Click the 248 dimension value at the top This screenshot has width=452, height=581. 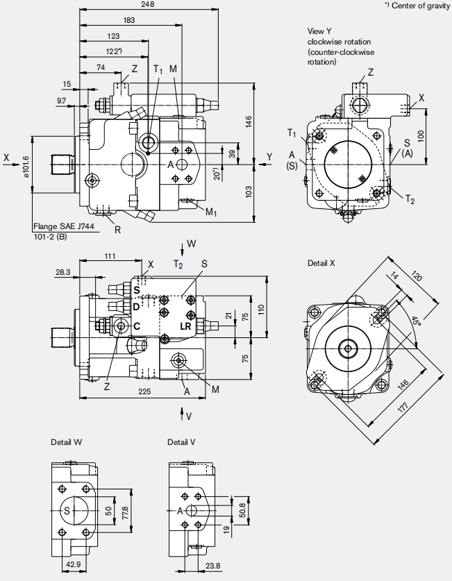(x=147, y=4)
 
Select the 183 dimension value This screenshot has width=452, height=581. (x=128, y=20)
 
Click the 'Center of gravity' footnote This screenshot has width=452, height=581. (x=417, y=6)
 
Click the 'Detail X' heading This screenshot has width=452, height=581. (x=321, y=263)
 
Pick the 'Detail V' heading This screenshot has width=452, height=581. (x=181, y=441)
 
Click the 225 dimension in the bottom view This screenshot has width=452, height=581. (x=144, y=391)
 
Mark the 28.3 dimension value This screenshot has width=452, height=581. (x=62, y=273)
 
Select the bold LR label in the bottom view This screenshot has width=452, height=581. (x=185, y=326)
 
